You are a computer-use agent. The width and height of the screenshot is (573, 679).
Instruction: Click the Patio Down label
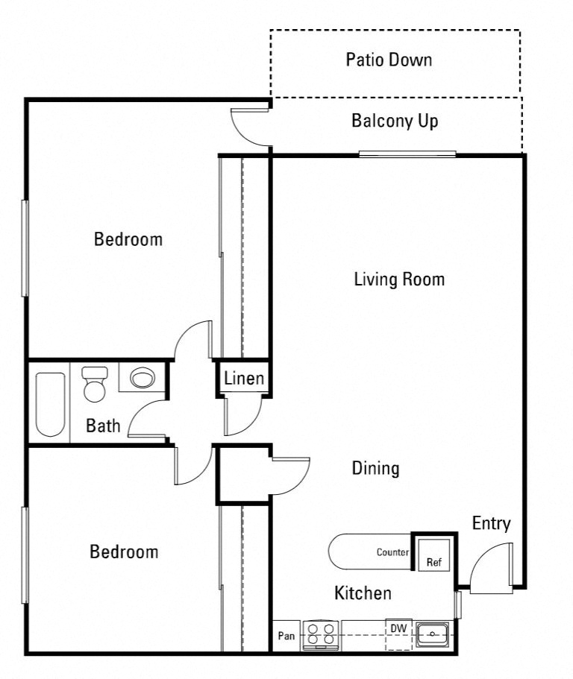pos(389,60)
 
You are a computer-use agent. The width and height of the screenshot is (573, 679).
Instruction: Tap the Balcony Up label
pos(395,121)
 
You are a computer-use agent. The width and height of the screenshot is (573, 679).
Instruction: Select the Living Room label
pos(399,280)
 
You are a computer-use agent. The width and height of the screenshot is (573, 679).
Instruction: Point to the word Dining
pos(375,468)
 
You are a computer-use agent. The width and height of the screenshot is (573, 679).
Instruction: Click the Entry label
pos(491,523)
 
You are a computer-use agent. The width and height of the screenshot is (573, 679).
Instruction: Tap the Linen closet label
pos(244,379)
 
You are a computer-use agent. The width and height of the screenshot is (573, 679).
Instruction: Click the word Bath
pos(103,426)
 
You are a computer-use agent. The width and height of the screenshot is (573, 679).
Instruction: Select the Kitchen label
pos(363,593)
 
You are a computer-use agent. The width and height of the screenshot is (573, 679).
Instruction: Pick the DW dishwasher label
pos(399,628)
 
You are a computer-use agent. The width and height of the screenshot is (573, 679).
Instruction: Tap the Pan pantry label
pos(286,636)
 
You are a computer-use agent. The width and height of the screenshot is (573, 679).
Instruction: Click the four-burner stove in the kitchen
pos(321,635)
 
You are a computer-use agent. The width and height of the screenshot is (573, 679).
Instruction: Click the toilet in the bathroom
pos(95,384)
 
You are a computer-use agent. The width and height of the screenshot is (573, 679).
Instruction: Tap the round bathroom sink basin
pos(142,378)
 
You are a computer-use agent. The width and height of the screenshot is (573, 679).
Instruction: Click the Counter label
pos(392,552)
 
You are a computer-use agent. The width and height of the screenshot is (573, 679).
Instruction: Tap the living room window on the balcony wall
pos(407,154)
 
